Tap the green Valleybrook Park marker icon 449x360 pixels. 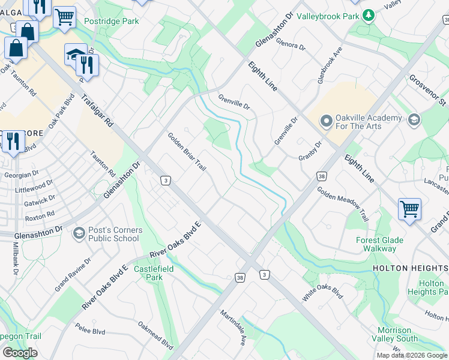tap(370, 14)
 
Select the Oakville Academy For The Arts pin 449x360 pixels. tap(326, 122)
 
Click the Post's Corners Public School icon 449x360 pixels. tap(78, 232)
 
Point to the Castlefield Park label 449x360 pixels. tap(154, 273)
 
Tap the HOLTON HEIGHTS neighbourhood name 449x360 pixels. tap(411, 268)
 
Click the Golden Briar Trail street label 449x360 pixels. tap(186, 152)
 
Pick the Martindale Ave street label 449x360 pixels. tap(233, 328)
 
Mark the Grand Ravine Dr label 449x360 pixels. tap(73, 274)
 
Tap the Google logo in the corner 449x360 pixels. tap(20, 353)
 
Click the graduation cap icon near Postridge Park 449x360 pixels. tap(76, 54)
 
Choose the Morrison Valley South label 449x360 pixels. tap(398, 335)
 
